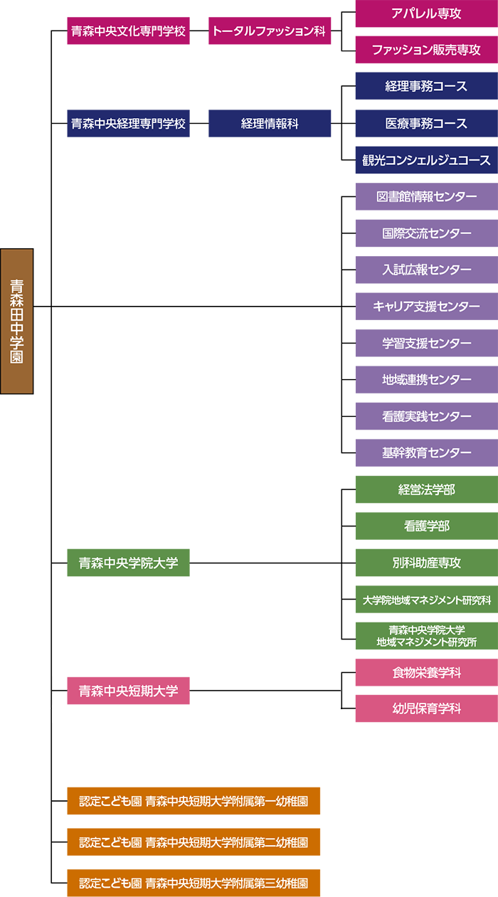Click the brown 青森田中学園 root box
(x=17, y=321)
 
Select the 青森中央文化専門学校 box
(x=128, y=31)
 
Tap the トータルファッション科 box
(x=270, y=31)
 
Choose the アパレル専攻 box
(x=427, y=14)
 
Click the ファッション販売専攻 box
(x=427, y=50)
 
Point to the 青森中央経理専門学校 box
(x=128, y=123)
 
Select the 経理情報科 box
(x=270, y=123)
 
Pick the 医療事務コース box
(x=427, y=123)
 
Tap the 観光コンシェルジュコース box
(x=427, y=160)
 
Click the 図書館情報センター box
(x=427, y=196)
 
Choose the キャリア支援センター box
(x=427, y=307)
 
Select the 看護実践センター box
(x=427, y=416)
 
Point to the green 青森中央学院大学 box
(x=128, y=563)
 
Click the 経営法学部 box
(x=427, y=489)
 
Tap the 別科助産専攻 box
(x=427, y=563)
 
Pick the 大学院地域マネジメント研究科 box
(x=427, y=600)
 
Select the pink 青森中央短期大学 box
(x=128, y=691)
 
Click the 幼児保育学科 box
(x=427, y=708)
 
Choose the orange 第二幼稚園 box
(x=194, y=842)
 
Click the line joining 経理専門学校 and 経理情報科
(x=199, y=123)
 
